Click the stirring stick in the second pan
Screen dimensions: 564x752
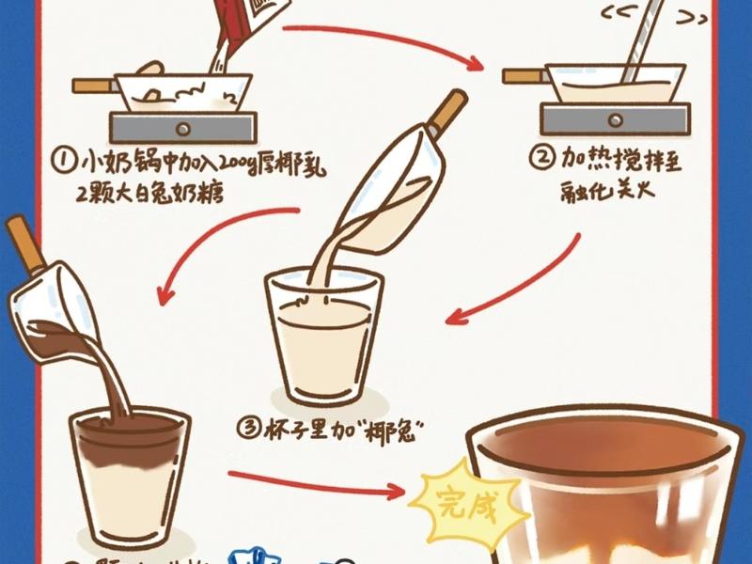pyautogui.click(x=636, y=42)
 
